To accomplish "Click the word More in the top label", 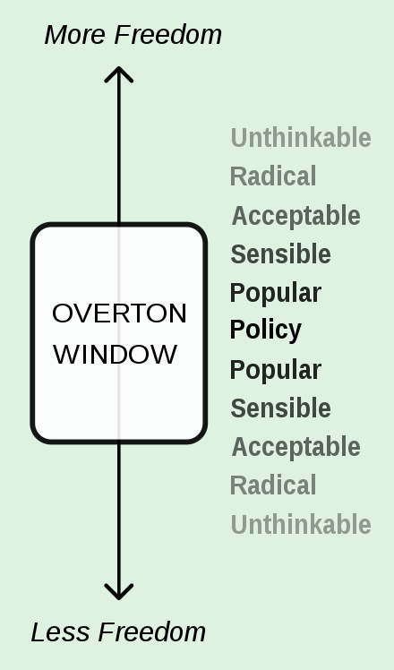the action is coord(75,35).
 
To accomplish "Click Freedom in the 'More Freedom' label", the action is coord(168,35).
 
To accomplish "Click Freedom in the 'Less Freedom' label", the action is coord(152,632).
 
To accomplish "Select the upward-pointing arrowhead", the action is coord(119,73).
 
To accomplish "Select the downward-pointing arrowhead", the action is coord(119,592).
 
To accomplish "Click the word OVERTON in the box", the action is coord(119,314).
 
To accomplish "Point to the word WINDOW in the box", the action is coord(115,354).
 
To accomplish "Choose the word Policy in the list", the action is coord(266,331).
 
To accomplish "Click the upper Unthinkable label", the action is coord(301,138).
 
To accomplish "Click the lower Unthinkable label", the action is coord(301,524).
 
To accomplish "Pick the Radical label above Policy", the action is coord(273,176).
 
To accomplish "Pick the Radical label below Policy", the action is coord(273,485).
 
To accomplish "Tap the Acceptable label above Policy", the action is coord(296,216).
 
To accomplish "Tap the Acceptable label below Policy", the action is coord(296,447).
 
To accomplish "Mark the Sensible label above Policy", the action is coord(281,253).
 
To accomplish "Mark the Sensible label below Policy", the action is coord(281,408).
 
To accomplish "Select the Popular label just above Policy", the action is coord(276,294).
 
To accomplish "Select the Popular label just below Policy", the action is coord(276,371).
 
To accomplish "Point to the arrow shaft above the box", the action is coord(119,145).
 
